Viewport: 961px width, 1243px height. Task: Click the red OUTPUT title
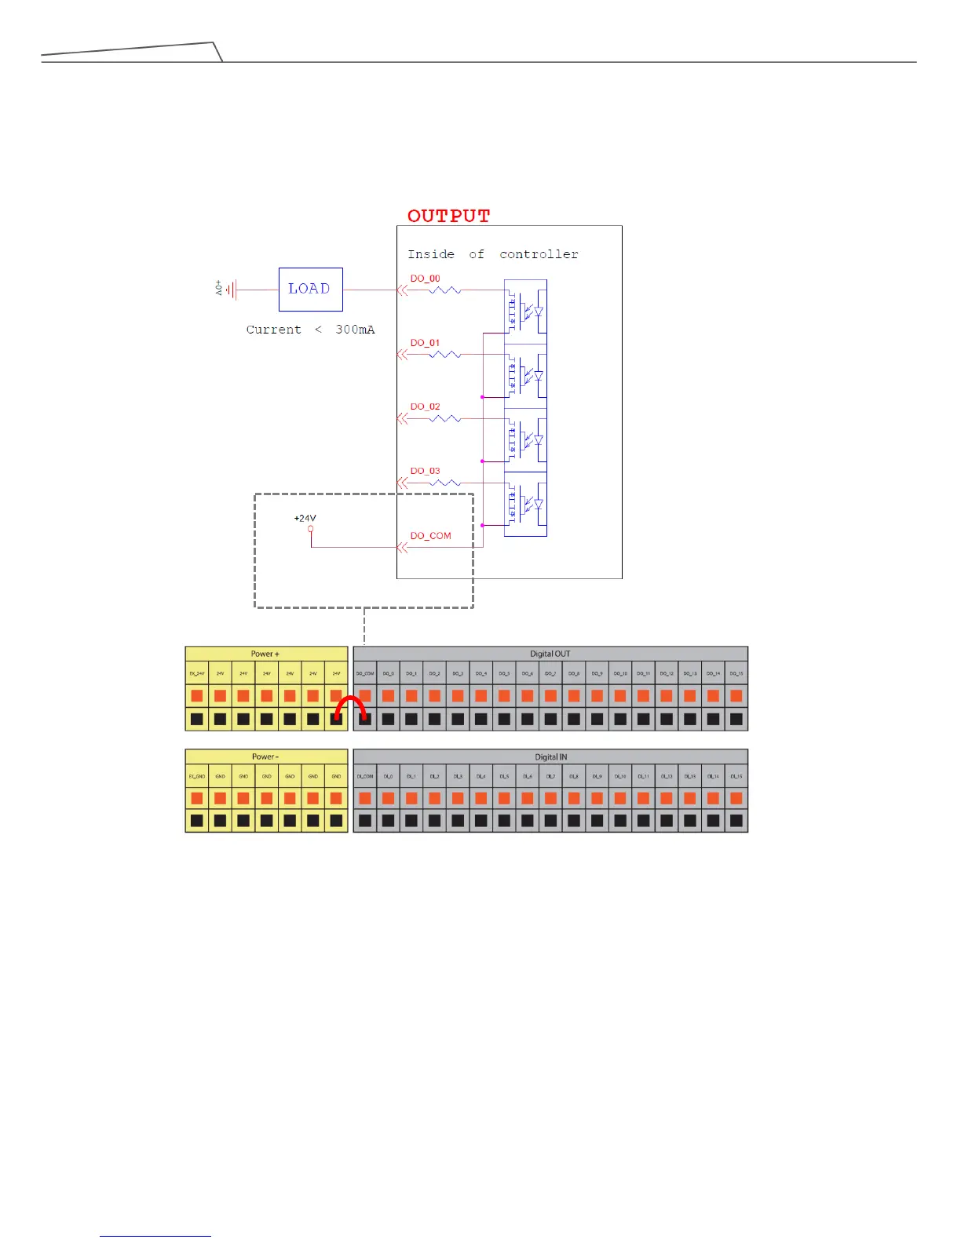pos(448,216)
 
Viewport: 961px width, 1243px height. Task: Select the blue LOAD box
pos(310,289)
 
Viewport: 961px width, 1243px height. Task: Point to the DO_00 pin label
pos(425,279)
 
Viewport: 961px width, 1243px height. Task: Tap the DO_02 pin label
pos(425,406)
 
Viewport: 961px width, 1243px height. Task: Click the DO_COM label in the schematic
pos(430,536)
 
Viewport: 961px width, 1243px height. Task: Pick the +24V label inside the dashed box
pos(305,519)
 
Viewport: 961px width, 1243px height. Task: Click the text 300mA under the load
pos(355,330)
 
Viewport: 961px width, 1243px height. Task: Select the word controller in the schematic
pos(539,254)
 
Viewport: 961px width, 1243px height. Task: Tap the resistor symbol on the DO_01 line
pos(445,355)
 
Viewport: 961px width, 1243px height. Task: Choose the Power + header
pos(265,654)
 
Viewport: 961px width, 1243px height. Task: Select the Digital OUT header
pos(550,654)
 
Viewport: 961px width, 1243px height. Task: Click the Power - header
pos(265,756)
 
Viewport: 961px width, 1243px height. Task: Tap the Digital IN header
pos(550,756)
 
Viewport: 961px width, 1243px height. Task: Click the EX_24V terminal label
pos(197,673)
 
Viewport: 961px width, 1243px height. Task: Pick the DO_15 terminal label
pos(736,673)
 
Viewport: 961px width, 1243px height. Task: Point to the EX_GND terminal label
pos(197,776)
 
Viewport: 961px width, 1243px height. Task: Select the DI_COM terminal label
pos(365,776)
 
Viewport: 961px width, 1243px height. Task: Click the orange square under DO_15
pos(736,695)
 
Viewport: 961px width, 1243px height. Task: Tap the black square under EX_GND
pos(197,821)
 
